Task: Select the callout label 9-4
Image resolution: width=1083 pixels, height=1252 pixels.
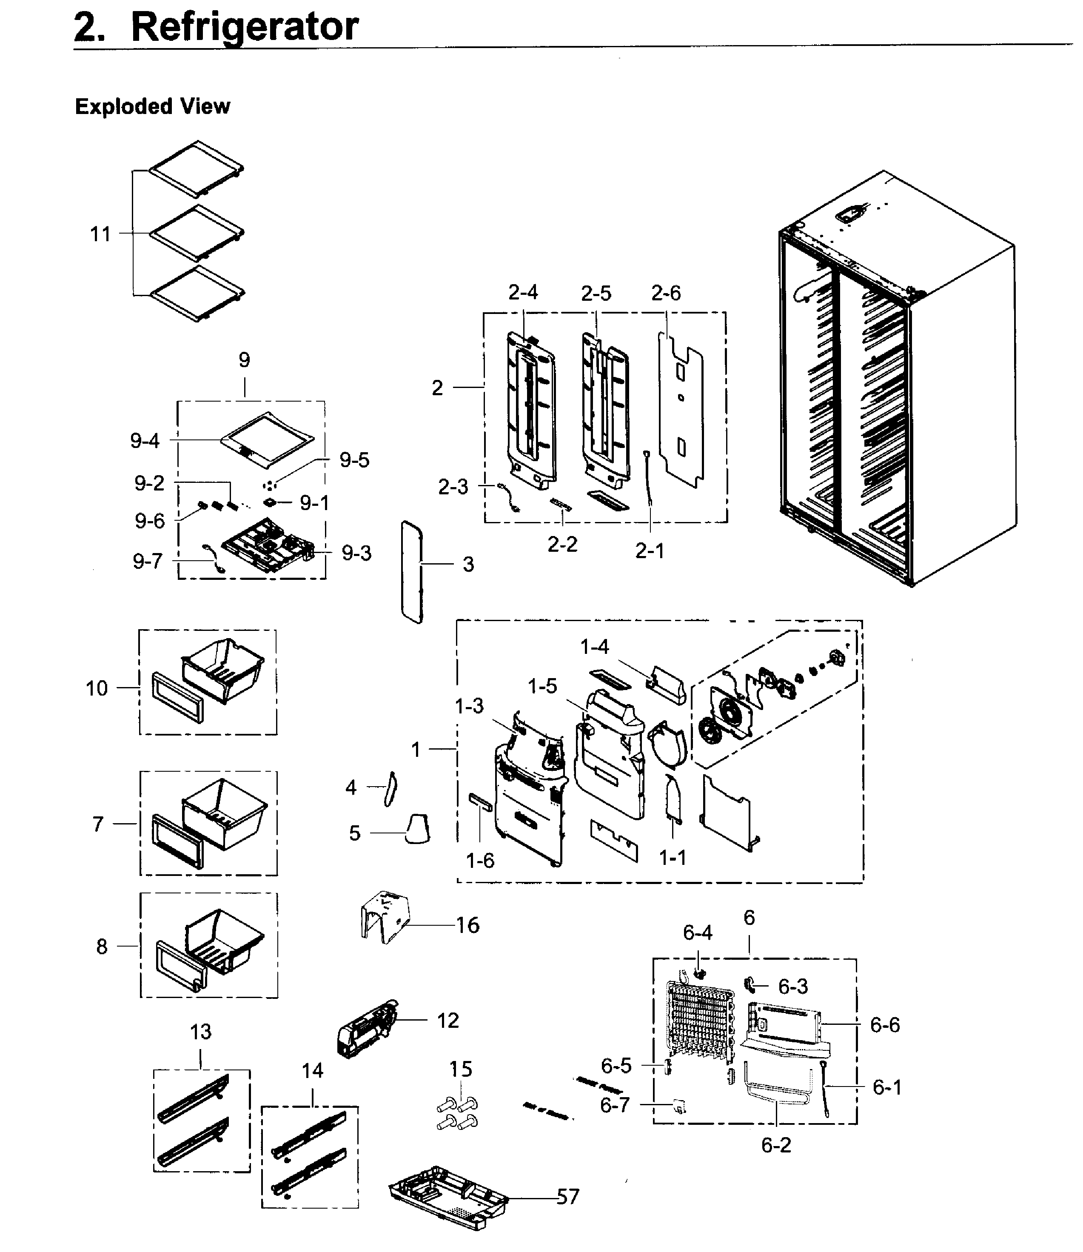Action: pos(145,440)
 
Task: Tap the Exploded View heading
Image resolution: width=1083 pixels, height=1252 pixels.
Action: pos(152,106)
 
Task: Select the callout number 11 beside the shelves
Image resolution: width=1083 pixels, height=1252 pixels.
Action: pos(101,234)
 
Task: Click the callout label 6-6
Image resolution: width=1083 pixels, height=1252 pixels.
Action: pos(885,1025)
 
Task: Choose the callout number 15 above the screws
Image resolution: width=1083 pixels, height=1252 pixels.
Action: pos(461,1069)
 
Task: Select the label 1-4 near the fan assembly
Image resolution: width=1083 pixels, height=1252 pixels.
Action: pos(595,647)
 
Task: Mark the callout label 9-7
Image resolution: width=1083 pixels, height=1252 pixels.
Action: pos(148,562)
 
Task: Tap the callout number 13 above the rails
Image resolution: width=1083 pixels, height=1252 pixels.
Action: pos(201,1032)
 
